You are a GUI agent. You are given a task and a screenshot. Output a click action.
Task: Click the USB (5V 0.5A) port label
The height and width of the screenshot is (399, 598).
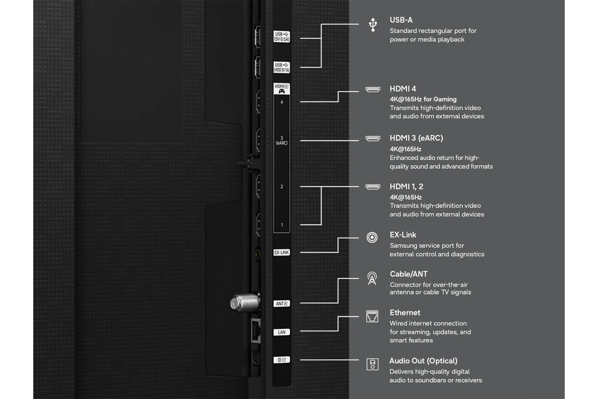pos(282,36)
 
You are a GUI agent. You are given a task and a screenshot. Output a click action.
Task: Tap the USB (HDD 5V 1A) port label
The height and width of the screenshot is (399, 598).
pos(282,67)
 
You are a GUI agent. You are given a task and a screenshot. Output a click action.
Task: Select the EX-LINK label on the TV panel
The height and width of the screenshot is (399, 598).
pos(282,252)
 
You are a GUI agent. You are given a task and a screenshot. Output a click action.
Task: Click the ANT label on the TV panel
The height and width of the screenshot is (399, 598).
pos(282,304)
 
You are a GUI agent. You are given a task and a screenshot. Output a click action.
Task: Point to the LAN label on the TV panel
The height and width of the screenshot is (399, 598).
pos(282,332)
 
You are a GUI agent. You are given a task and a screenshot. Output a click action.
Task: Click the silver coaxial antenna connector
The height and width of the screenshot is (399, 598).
pos(245,302)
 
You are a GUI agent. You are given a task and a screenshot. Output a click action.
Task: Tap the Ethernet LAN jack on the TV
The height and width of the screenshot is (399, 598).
pos(256,331)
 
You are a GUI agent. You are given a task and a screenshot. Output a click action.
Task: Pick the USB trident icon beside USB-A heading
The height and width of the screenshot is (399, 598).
pos(373,25)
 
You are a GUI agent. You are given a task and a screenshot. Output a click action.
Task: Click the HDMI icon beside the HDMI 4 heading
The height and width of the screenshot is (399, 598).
pos(373,89)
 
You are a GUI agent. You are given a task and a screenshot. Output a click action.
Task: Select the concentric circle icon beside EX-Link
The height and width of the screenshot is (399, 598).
pos(372,237)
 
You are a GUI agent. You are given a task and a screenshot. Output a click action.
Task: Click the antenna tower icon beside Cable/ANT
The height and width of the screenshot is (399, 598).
pos(372,278)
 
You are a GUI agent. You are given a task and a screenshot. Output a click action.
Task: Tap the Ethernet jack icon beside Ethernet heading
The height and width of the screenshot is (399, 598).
pos(372,316)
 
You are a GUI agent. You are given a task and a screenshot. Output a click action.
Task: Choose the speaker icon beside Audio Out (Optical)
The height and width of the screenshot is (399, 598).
pos(372,364)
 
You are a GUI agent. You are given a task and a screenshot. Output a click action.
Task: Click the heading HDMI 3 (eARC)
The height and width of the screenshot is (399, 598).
pos(416,138)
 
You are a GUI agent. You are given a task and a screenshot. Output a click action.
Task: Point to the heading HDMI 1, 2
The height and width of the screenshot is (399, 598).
pos(406,186)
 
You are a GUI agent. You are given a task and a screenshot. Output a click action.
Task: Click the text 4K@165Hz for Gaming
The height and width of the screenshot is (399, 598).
pos(423,99)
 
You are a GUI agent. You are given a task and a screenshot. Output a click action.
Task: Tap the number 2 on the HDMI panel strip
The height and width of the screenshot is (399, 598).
pos(282,186)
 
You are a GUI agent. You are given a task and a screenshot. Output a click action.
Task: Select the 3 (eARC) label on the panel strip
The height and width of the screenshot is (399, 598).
pos(282,140)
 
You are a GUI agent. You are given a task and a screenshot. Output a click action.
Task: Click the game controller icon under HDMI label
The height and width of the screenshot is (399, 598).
pos(282,91)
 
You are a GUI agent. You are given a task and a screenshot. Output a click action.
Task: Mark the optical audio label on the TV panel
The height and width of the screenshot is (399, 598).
pos(282,360)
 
